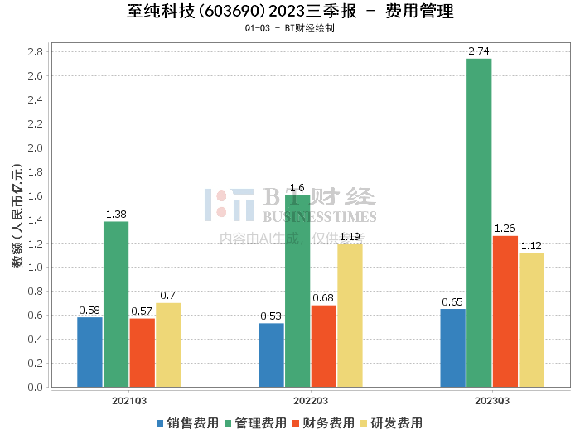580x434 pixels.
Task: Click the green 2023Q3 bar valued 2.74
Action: [x=479, y=222]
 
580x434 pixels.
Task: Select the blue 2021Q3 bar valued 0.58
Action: [x=89, y=352]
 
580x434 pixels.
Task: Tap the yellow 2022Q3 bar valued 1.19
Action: [x=350, y=316]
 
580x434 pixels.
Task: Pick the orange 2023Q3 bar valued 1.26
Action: [x=505, y=311]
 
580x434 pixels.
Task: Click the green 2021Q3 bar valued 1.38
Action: [x=116, y=304]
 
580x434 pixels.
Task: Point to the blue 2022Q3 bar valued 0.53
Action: [x=271, y=354]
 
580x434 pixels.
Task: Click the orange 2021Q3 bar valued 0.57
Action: [x=142, y=352]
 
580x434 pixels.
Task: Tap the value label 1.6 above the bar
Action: [x=297, y=188]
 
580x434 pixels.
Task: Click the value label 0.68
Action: [x=323, y=298]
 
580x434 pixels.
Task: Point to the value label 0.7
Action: [x=168, y=296]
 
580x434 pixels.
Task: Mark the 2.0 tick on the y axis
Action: [x=35, y=147]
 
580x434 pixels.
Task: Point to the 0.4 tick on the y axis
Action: [x=35, y=340]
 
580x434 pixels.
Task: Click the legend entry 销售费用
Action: [x=188, y=422]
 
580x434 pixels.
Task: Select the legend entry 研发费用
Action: [x=392, y=422]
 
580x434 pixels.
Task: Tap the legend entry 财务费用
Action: [x=324, y=422]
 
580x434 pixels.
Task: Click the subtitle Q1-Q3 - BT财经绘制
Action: [x=290, y=28]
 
